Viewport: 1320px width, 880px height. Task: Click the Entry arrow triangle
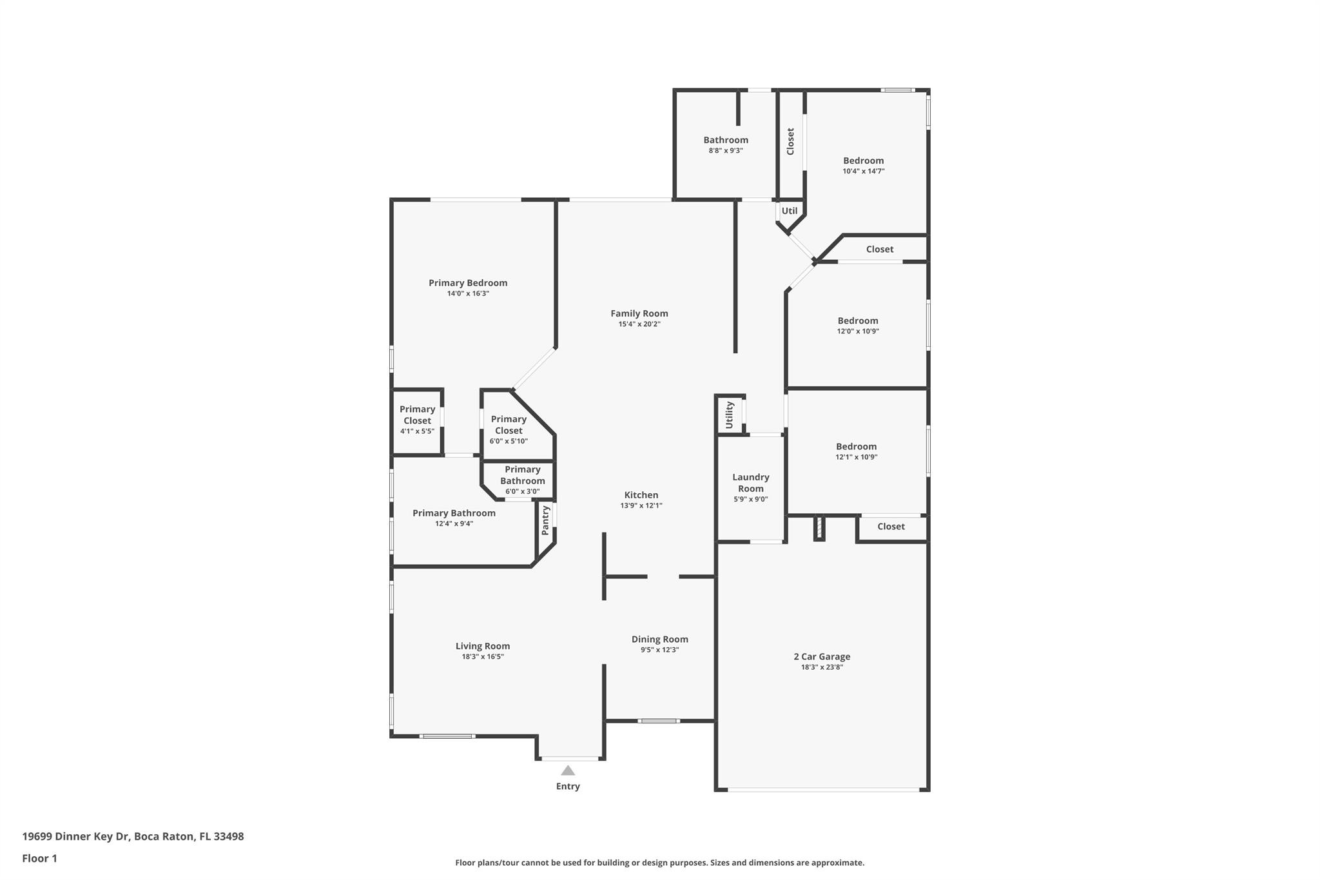tap(568, 770)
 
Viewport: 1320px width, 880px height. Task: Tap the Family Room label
tap(639, 314)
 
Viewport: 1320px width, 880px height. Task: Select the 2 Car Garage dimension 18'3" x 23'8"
tap(822, 667)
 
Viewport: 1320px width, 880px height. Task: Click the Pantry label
tap(545, 520)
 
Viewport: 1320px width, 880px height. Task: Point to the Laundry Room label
tap(751, 483)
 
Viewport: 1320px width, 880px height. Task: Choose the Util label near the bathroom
tap(790, 211)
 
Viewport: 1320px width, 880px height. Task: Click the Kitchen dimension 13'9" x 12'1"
tap(641, 506)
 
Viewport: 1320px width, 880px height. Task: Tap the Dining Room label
tap(660, 640)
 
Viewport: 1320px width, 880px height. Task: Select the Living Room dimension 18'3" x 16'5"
tap(483, 657)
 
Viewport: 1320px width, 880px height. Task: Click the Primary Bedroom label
tap(468, 283)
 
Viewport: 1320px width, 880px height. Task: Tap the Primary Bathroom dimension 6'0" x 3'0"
tap(523, 492)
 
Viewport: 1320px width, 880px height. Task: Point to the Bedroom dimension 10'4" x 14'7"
tap(864, 171)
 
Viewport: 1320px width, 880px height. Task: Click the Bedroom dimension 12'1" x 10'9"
tap(857, 457)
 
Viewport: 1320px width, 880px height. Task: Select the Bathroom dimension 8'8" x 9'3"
tap(726, 151)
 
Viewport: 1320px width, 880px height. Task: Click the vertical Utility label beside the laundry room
tap(730, 415)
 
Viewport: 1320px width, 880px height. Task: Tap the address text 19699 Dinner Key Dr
tap(76, 836)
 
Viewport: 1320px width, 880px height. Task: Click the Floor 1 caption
tap(40, 858)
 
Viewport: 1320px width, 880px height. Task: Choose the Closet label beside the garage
tap(891, 527)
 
